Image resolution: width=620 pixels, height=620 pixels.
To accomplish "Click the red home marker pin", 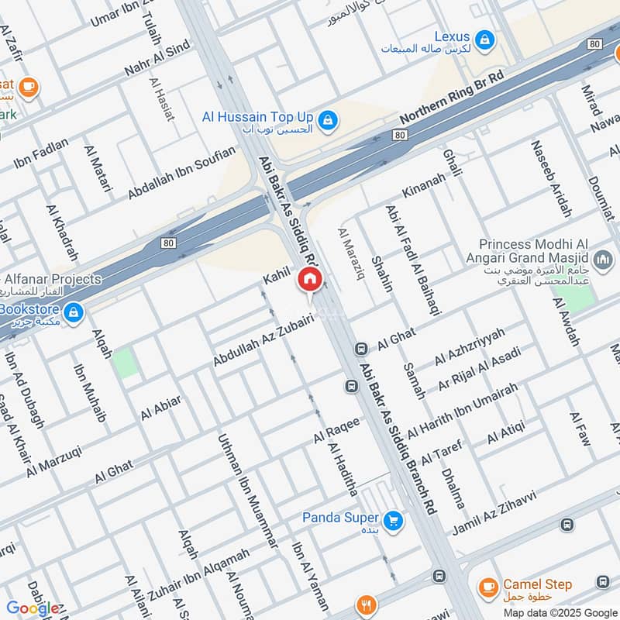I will coord(309,280).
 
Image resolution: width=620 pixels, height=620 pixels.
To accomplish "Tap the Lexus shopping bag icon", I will coord(484,39).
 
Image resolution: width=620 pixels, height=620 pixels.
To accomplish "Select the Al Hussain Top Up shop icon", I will coord(328,119).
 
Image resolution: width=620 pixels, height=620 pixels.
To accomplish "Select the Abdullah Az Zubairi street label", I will coord(263,340).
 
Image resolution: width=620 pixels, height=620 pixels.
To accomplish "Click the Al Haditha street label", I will coord(343,470).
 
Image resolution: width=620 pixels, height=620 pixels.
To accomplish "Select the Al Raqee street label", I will coord(336,430).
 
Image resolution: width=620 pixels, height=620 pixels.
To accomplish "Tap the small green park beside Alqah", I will coord(125,363).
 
